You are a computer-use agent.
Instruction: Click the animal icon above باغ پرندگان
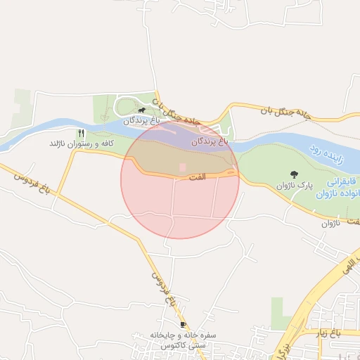(142, 110)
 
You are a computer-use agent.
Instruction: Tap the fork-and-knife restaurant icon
(82, 133)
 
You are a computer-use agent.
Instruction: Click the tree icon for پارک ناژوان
(293, 174)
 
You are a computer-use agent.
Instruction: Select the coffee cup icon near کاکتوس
(184, 325)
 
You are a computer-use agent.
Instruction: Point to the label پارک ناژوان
(294, 185)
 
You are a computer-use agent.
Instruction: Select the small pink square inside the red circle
(183, 167)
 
